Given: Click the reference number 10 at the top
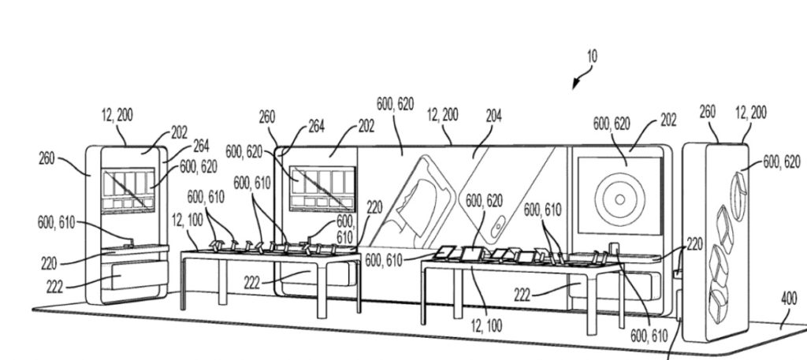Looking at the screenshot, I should [591, 56].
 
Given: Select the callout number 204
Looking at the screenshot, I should [493, 115].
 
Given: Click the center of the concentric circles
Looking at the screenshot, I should [619, 194].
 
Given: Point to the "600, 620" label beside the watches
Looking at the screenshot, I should [780, 161].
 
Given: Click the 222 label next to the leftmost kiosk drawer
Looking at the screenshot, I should [54, 280].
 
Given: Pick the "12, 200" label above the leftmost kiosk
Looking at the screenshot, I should [117, 116].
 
